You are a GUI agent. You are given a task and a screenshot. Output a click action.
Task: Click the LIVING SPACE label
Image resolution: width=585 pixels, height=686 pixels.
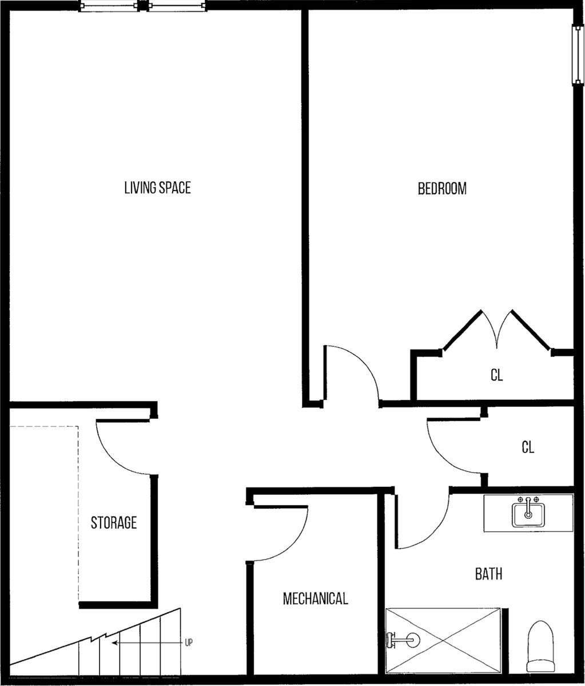[157, 188]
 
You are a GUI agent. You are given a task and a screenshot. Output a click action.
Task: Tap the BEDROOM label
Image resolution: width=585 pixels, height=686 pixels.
[442, 189]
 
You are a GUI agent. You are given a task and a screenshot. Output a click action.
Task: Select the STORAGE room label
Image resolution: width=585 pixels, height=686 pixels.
[114, 522]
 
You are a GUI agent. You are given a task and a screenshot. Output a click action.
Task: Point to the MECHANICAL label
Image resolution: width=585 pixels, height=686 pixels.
[315, 598]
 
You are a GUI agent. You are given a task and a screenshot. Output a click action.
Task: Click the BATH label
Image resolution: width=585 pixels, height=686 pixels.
[488, 573]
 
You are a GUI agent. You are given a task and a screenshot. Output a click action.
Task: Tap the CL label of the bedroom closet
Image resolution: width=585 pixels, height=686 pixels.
[497, 375]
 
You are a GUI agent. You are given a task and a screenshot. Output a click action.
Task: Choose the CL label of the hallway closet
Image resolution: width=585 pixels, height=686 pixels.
[528, 447]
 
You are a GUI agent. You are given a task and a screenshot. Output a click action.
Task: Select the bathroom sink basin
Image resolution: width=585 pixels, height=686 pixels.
[528, 515]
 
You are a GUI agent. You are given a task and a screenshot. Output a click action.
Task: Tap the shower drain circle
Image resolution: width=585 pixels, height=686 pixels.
[413, 640]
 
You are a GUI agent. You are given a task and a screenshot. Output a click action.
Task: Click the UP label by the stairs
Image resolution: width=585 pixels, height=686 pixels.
[189, 643]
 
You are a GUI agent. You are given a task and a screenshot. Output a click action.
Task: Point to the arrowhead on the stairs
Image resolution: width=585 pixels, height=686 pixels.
[114, 643]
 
